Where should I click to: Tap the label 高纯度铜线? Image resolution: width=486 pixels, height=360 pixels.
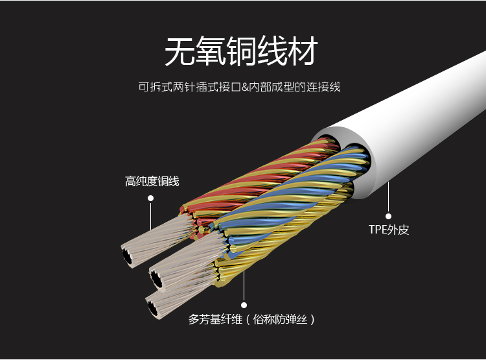[152, 182]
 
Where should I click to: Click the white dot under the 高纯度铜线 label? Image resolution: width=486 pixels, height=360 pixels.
[151, 198]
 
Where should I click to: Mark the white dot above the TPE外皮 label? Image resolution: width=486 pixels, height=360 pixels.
[389, 217]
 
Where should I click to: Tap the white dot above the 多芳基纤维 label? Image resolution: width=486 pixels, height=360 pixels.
[244, 304]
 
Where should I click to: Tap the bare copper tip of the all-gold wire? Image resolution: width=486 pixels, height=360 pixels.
[154, 307]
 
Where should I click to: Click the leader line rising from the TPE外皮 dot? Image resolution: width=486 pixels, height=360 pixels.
[389, 198]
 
